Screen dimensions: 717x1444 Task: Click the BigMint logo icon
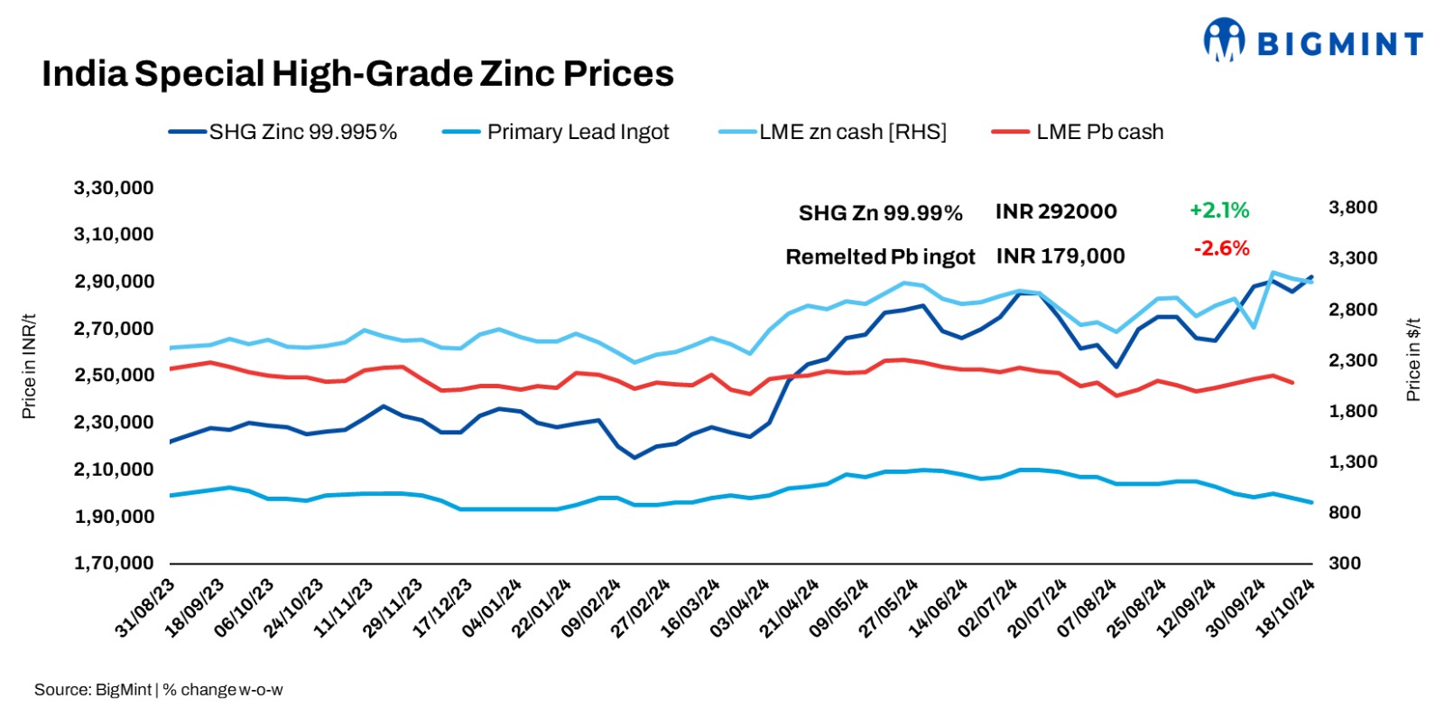click(1223, 41)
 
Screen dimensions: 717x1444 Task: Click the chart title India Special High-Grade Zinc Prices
click(357, 74)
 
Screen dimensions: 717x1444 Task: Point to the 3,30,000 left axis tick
click(114, 188)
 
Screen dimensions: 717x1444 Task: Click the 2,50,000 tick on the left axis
click(114, 375)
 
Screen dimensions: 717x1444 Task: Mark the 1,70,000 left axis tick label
click(114, 563)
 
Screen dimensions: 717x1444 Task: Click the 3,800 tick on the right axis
click(1353, 207)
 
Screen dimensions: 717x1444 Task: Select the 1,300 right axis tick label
click(1353, 461)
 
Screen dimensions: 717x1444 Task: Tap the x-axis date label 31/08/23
click(145, 609)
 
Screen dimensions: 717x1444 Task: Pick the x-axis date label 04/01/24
click(492, 609)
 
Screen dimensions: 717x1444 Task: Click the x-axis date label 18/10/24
click(1286, 609)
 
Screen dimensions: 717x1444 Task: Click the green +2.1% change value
click(1219, 210)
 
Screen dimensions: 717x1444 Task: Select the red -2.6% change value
click(1221, 248)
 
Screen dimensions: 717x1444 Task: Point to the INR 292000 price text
click(1056, 211)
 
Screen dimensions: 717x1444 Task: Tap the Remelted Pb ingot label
click(880, 256)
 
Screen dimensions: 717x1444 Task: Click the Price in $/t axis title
click(1413, 359)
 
